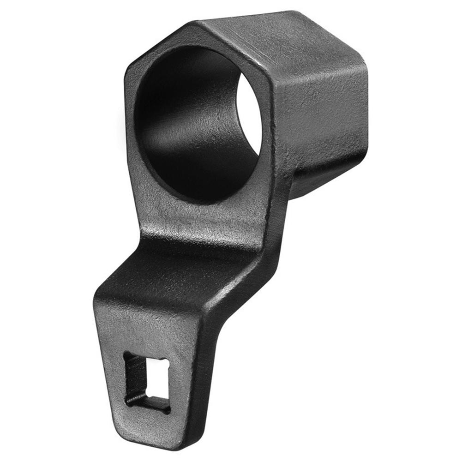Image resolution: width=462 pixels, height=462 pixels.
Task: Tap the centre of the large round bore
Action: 198,125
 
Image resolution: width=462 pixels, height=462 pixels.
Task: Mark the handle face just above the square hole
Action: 148,332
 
